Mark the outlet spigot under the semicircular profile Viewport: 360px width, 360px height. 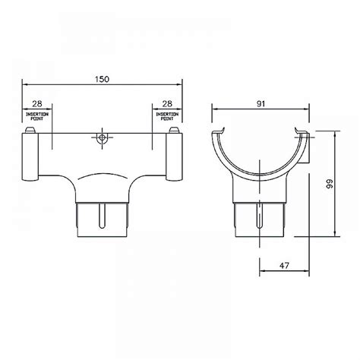259,219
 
